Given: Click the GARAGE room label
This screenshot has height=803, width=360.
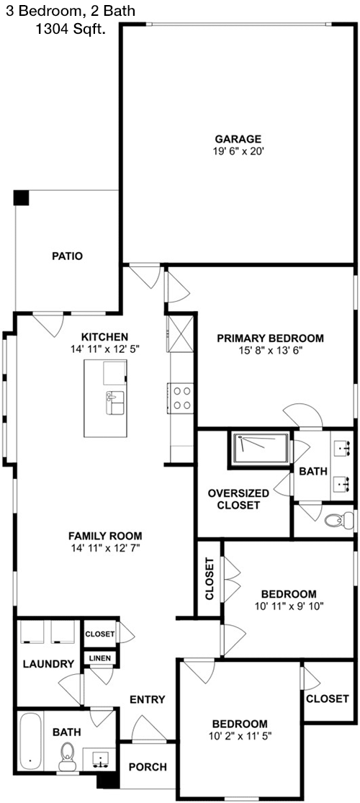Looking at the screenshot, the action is tap(238, 139).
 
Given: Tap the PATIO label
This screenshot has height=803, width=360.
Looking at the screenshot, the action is tap(67, 256).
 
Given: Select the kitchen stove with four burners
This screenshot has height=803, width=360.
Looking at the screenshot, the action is tap(180, 398).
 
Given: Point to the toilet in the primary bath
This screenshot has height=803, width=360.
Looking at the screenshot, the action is tap(339, 520).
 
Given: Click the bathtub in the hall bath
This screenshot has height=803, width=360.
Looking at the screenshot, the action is tap(31, 740).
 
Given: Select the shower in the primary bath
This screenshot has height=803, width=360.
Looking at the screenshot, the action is tap(261, 449).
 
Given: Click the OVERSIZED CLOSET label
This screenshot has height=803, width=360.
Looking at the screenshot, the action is tap(238, 499).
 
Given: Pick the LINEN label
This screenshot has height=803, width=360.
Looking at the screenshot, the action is tap(100, 658).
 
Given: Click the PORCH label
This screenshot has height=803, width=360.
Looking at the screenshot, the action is tap(148, 767).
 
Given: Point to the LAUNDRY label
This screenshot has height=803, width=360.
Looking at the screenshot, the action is tap(49, 664).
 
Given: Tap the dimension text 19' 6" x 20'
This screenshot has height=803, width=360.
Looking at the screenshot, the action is tap(238, 151).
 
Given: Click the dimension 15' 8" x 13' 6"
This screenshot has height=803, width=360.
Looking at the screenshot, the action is tap(270, 351).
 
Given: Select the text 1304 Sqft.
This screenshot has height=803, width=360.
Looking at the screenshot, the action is tap(71, 30).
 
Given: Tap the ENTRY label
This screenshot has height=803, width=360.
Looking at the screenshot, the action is tap(147, 699).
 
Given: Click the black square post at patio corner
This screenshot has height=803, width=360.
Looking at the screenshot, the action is tap(22, 197).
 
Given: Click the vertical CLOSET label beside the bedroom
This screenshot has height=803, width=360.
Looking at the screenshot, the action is tap(209, 578).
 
